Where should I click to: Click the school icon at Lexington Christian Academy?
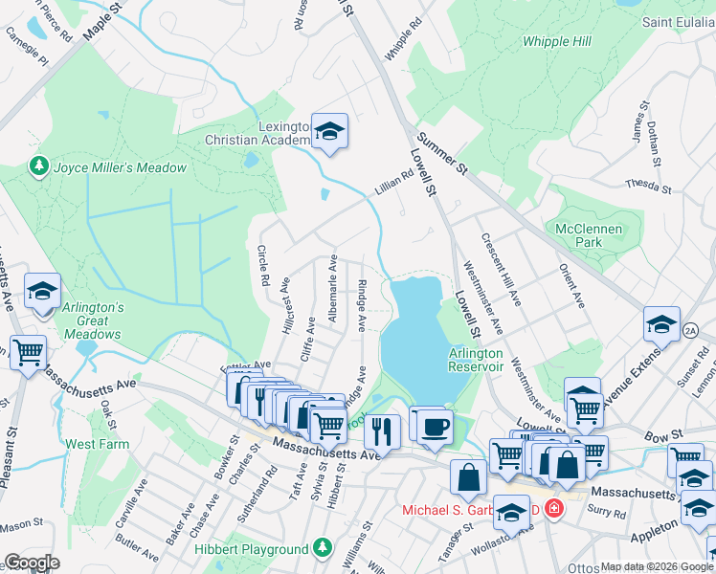[x=329, y=132]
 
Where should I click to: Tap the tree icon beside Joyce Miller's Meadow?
[x=39, y=167]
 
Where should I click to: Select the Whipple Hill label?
[x=556, y=41]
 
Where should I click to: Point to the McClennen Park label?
[x=589, y=236]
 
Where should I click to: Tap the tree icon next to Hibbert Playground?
[x=324, y=548]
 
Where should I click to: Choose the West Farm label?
[x=97, y=444]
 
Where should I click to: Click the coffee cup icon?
[x=436, y=425]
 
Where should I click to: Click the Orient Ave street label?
[x=571, y=287]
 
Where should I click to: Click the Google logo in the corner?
[x=31, y=563]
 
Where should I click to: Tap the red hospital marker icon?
[x=553, y=508]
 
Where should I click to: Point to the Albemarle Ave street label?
[x=331, y=288]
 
